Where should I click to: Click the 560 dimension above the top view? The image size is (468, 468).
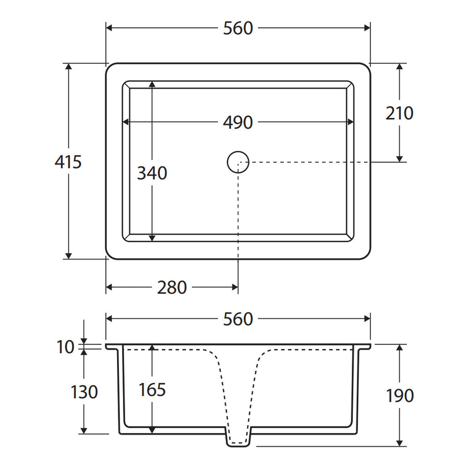click(x=238, y=28)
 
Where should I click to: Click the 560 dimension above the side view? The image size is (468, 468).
click(x=238, y=319)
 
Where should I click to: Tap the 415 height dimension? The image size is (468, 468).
click(x=68, y=162)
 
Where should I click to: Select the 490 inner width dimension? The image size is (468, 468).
click(x=238, y=122)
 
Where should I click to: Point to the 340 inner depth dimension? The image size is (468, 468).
click(x=152, y=173)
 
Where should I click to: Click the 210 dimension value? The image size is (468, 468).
click(x=399, y=113)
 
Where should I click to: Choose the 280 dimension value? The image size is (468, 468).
click(x=172, y=287)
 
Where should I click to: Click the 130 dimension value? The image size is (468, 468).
click(x=84, y=392)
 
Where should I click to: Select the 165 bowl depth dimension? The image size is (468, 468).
click(x=152, y=390)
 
